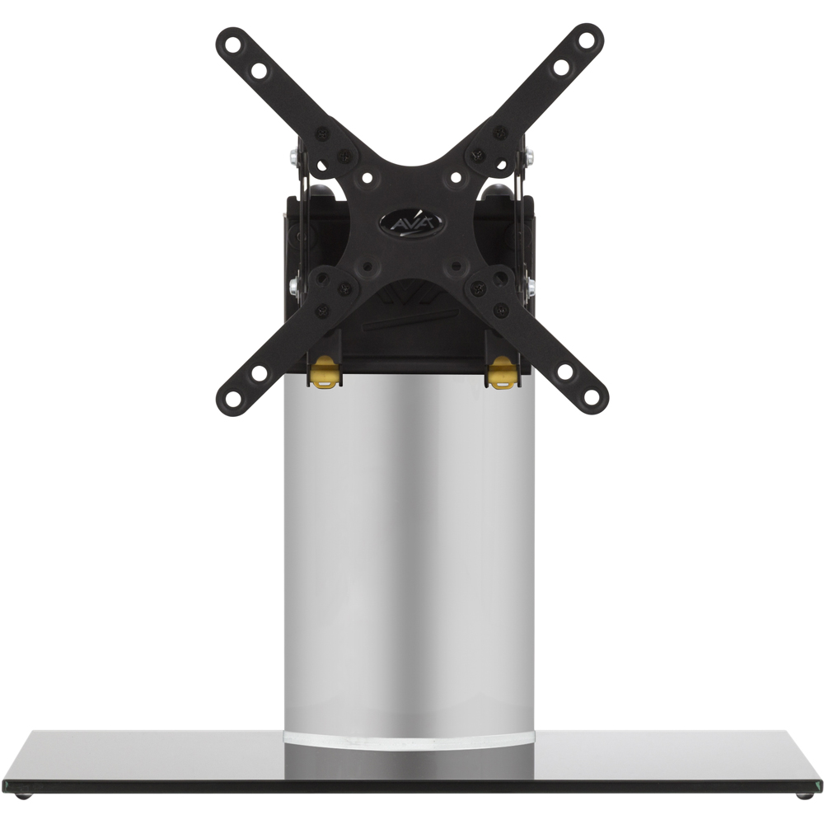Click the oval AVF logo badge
[411, 222]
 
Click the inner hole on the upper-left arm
[259, 70]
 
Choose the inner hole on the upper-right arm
[560, 67]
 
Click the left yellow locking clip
[325, 372]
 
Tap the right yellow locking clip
[501, 373]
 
